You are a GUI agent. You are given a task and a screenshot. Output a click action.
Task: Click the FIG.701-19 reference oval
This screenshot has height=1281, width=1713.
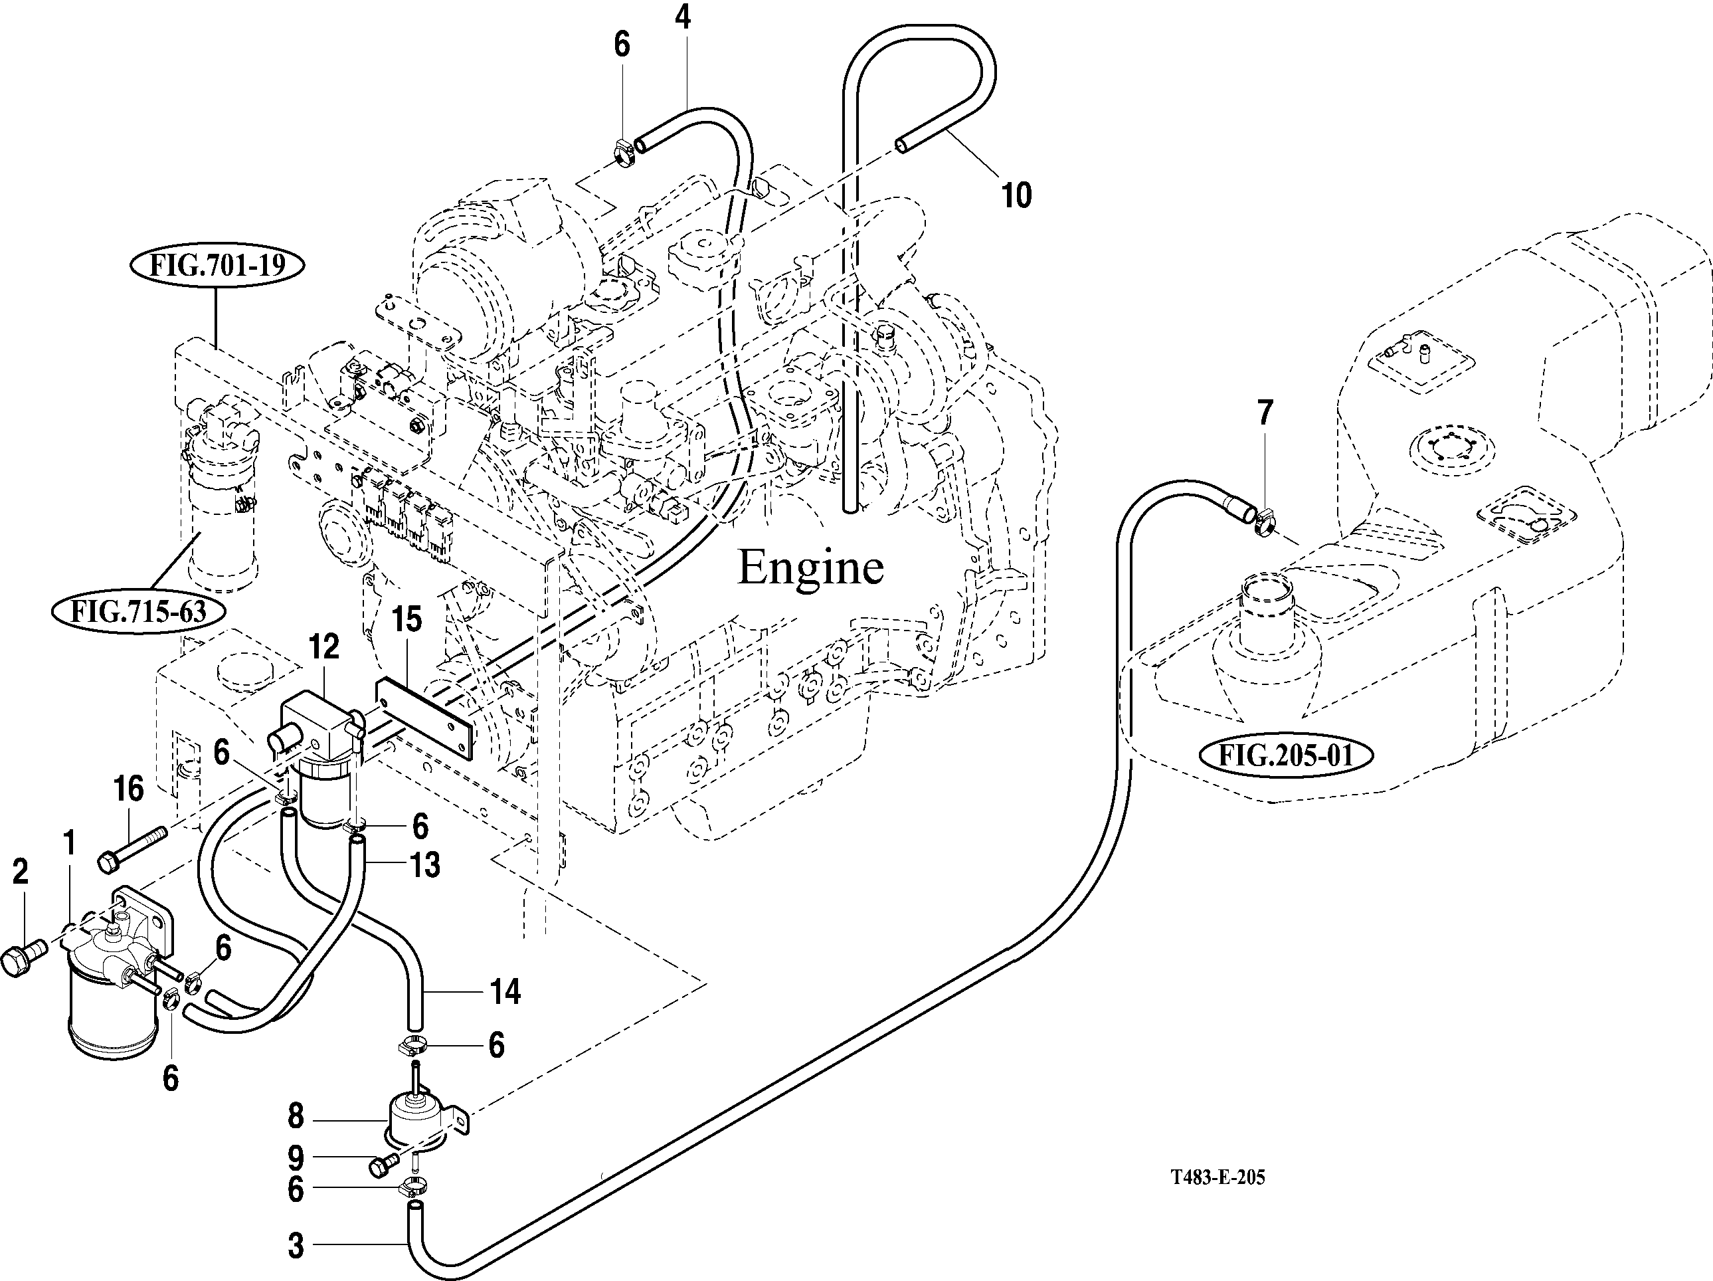pyautogui.click(x=216, y=266)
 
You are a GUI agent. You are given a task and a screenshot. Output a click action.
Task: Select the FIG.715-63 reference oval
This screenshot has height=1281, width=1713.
pyautogui.click(x=139, y=612)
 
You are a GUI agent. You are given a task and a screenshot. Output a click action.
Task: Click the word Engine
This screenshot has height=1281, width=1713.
pyautogui.click(x=810, y=567)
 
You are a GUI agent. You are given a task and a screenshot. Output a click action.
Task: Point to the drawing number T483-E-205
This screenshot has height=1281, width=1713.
pyautogui.click(x=1217, y=1178)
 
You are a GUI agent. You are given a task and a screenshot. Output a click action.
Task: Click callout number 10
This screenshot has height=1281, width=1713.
pyautogui.click(x=1016, y=195)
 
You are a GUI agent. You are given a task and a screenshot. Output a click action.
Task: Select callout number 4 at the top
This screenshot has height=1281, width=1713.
pyautogui.click(x=682, y=17)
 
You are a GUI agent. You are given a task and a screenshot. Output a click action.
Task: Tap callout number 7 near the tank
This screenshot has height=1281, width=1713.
pyautogui.click(x=1265, y=413)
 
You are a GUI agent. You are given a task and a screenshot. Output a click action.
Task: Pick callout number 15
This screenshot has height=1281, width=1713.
pyautogui.click(x=406, y=620)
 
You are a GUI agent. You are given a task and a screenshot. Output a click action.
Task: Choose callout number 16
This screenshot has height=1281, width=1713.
pyautogui.click(x=129, y=789)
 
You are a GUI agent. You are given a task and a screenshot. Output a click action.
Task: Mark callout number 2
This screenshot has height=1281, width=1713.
pyautogui.click(x=20, y=872)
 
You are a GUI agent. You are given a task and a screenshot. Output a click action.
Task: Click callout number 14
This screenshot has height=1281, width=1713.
pyautogui.click(x=505, y=991)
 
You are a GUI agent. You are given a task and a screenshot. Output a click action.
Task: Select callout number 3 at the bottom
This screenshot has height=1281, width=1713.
pyautogui.click(x=296, y=1247)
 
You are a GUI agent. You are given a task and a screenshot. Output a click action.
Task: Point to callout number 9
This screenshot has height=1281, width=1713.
pyautogui.click(x=296, y=1159)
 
